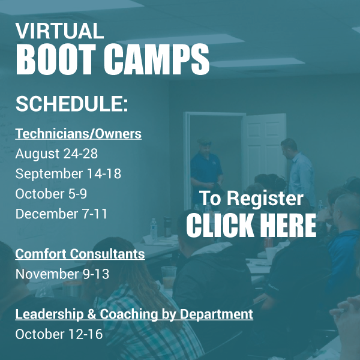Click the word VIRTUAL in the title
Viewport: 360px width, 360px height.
59,31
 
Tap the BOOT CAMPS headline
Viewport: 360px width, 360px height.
113,59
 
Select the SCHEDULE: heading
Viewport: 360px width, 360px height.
71,104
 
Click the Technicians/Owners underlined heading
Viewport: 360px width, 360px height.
78,134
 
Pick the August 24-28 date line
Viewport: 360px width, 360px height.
56,154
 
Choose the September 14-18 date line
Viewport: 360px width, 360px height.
68,173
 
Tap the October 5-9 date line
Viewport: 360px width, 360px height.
51,194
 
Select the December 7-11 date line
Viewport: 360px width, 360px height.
61,214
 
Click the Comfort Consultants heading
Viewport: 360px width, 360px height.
80,254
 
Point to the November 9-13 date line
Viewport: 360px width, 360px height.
62,274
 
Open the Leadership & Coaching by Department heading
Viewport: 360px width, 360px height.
134,314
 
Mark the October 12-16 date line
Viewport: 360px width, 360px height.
59,334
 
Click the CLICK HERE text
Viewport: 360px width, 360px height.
251,225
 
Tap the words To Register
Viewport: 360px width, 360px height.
251,198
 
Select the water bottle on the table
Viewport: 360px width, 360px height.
154,230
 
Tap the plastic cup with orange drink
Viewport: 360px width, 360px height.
169,277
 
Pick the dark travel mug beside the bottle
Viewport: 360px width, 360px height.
167,227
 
